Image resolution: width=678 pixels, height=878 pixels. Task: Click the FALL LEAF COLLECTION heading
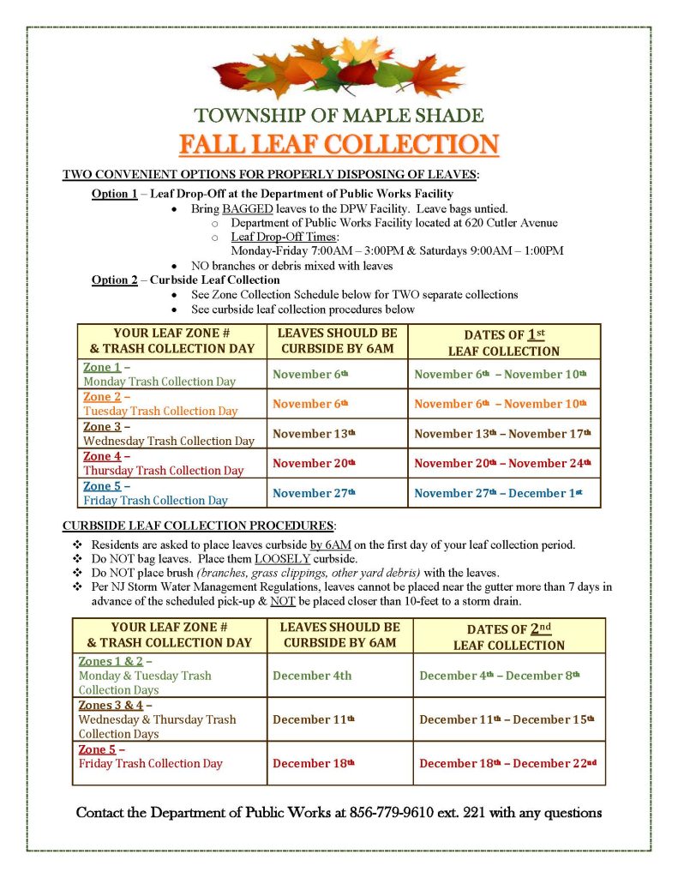[x=339, y=143]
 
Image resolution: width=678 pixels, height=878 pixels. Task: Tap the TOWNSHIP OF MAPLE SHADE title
[x=339, y=115]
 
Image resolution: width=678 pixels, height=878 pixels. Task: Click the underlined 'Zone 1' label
[x=101, y=368]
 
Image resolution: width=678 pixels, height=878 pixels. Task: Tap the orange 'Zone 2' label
[x=101, y=397]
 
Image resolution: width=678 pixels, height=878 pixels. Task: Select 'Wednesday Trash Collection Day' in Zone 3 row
[x=169, y=441]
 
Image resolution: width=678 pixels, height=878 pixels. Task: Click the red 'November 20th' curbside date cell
[x=314, y=463]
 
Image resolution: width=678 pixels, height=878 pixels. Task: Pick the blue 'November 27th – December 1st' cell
[x=502, y=493]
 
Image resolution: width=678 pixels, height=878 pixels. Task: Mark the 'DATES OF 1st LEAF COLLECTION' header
[x=504, y=342]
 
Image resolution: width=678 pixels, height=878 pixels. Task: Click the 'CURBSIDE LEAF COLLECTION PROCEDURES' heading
[x=198, y=525]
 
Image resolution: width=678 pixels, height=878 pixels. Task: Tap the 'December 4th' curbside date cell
[x=312, y=676]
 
